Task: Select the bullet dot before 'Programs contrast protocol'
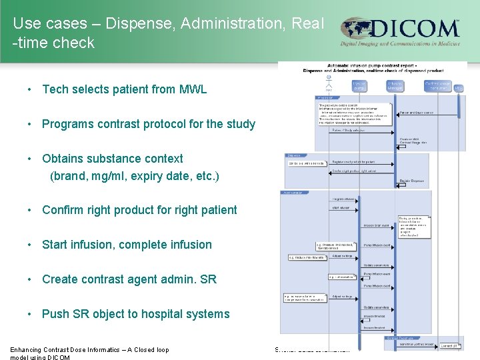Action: pyautogui.click(x=31, y=124)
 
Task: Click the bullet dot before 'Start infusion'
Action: pyautogui.click(x=31, y=245)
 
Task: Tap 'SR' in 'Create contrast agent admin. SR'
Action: pyautogui.click(x=208, y=279)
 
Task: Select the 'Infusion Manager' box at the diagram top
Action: pyautogui.click(x=395, y=86)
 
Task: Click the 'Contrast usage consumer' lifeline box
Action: pyautogui.click(x=437, y=86)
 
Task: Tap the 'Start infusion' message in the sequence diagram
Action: pyautogui.click(x=343, y=207)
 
